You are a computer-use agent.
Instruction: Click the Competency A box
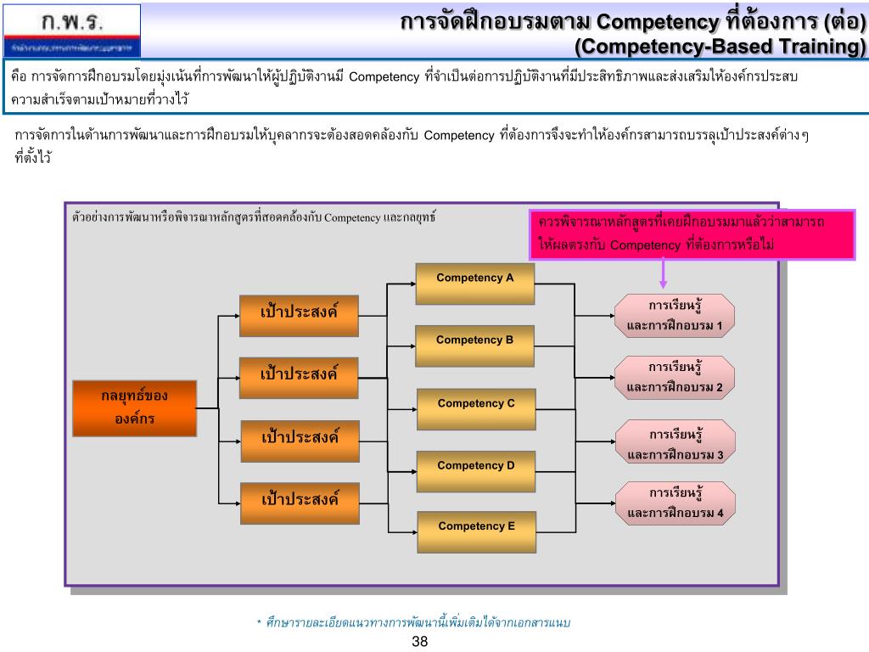pos(475,284)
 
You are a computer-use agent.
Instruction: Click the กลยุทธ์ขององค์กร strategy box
pos(135,407)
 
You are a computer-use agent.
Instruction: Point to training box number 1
pos(675,315)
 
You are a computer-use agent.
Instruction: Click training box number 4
pos(675,503)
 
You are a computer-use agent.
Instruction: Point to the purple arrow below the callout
pos(664,274)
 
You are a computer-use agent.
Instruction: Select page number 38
pos(419,642)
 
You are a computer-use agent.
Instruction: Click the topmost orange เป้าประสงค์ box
pos(299,312)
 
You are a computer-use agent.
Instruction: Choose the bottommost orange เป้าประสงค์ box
pos(299,498)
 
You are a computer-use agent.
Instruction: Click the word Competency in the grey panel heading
pos(352,217)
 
